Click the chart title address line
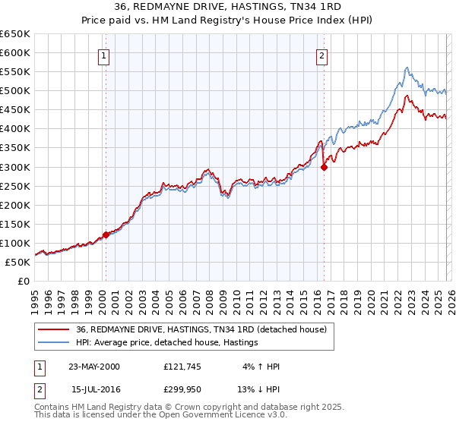227,7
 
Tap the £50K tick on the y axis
17,262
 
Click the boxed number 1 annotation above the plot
103,55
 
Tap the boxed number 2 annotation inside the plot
322,55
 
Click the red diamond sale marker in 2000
106,235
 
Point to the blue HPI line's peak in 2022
407,68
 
